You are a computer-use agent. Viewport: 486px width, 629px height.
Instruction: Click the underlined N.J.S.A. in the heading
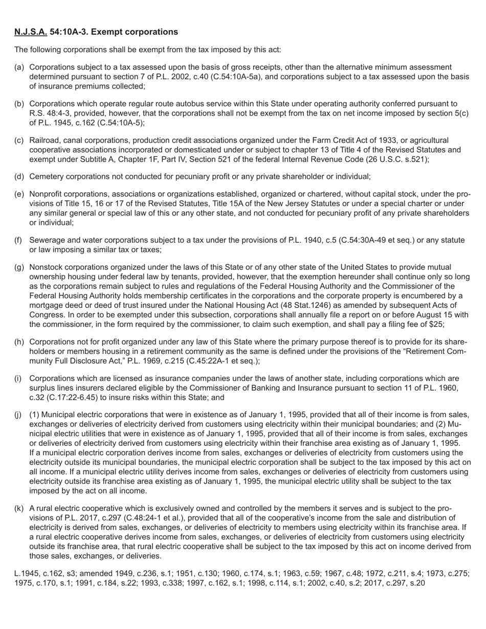(31, 32)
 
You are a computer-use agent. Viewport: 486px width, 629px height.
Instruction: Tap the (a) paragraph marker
(19, 67)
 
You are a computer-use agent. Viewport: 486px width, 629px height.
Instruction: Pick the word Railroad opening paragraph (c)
(46, 140)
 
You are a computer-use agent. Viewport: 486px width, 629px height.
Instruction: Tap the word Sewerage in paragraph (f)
(48, 240)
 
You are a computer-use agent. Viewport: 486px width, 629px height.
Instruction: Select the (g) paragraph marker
(19, 267)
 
